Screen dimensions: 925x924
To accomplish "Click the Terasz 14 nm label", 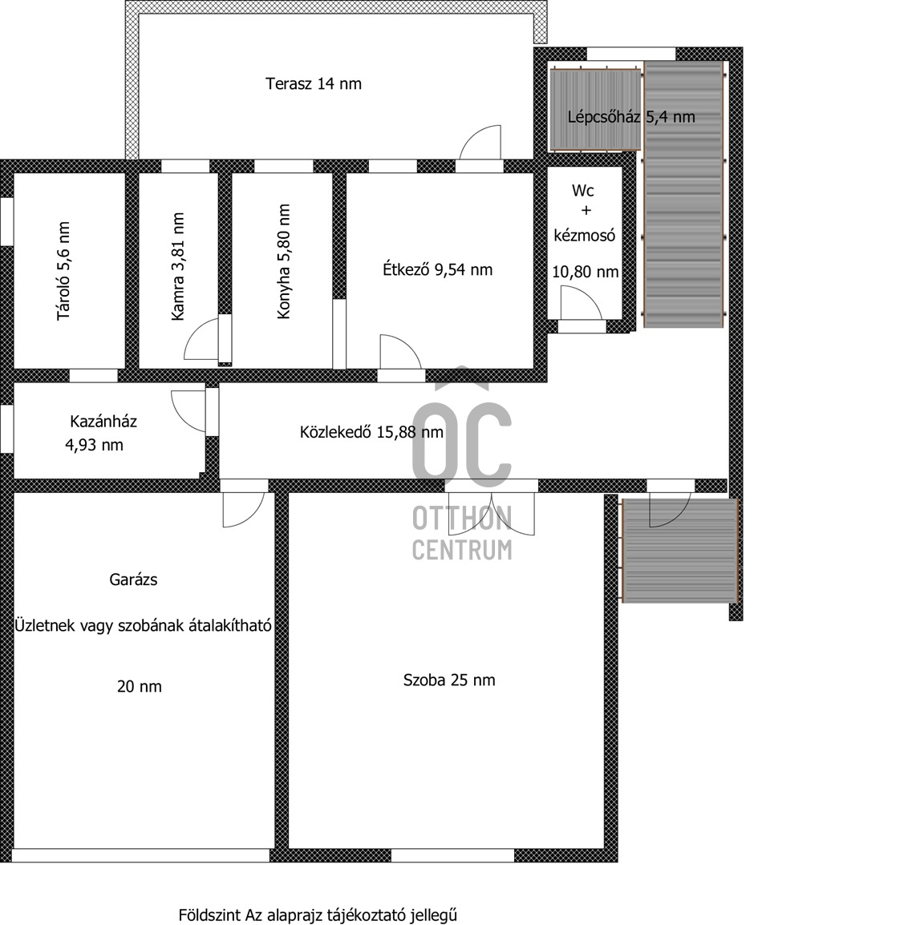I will [x=313, y=83].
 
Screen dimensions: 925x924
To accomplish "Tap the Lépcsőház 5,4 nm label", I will [x=630, y=117].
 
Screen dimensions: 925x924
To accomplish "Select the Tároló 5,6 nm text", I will [x=63, y=272].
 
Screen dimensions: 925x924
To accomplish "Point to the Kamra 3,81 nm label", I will [x=178, y=267].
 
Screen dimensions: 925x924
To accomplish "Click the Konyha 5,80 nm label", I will [x=283, y=262].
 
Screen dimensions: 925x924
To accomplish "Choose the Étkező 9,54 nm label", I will [x=437, y=270].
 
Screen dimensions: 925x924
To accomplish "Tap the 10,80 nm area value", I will [x=585, y=272].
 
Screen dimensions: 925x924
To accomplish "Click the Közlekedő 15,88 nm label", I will [x=371, y=432].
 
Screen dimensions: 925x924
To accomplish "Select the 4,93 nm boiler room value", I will [x=94, y=445].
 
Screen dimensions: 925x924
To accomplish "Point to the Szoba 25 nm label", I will [x=449, y=681].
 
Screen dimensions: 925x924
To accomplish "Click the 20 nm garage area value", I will [x=139, y=686].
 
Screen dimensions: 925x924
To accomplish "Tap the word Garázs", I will [x=133, y=580].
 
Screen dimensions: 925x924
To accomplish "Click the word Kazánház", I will [x=103, y=421].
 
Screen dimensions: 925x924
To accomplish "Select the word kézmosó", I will [x=584, y=236].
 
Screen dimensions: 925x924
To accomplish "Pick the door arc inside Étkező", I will [x=399, y=352].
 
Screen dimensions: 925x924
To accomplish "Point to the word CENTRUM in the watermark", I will [x=462, y=550].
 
